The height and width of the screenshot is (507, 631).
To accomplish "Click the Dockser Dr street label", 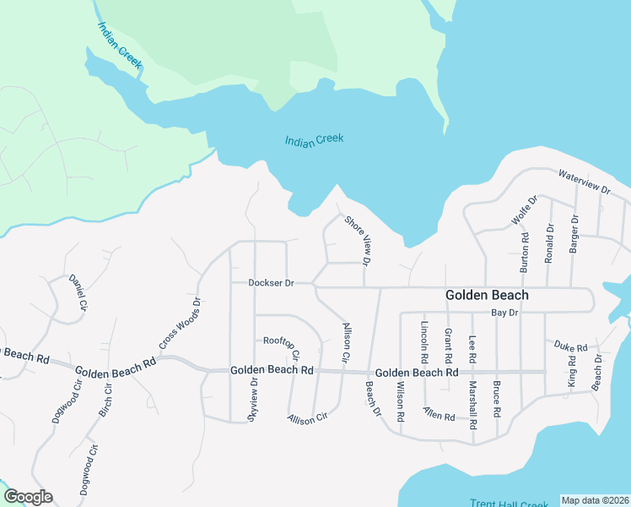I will [x=270, y=283].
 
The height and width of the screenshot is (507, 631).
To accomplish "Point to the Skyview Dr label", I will [x=252, y=401].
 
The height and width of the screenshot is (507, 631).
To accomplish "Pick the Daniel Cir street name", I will [x=78, y=292].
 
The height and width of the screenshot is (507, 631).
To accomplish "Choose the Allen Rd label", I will [x=439, y=417].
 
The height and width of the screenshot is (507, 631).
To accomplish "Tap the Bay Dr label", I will [x=504, y=313].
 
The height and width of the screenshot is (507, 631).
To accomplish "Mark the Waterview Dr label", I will [x=584, y=182].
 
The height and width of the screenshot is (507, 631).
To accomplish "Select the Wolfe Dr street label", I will [x=525, y=211].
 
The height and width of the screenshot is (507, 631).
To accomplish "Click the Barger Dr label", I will [x=574, y=231].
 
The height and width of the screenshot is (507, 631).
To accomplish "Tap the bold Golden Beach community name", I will [x=487, y=295].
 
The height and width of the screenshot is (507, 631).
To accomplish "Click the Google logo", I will [x=28, y=497].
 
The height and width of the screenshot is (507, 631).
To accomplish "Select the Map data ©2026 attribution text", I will [x=595, y=500].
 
